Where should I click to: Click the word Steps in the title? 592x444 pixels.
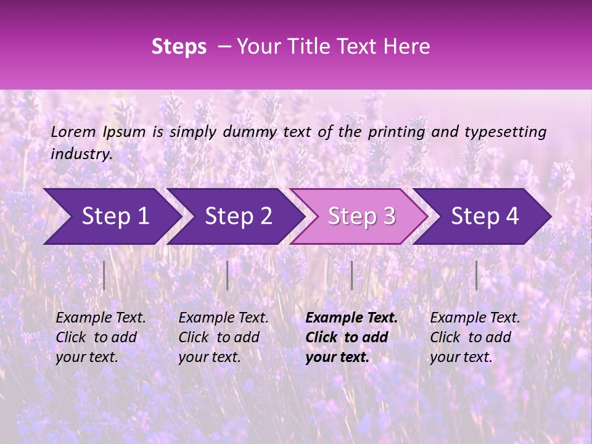coord(179,47)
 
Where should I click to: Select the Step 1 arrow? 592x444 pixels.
coord(111,216)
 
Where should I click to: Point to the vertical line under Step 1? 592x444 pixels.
coord(104,275)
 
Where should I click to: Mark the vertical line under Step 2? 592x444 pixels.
coord(228,275)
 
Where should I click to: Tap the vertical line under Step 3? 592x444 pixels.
coord(351,275)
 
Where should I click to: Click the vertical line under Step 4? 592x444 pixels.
coord(476,275)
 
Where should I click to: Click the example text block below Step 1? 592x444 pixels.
coord(101,337)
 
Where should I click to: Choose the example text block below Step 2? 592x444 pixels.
coord(223,337)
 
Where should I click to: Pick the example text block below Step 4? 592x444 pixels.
coord(475,337)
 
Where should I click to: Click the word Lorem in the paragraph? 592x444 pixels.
coord(73,132)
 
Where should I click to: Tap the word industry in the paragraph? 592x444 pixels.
coord(81,154)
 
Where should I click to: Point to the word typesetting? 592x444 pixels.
coord(505,132)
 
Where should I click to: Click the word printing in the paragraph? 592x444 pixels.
coord(397,132)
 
